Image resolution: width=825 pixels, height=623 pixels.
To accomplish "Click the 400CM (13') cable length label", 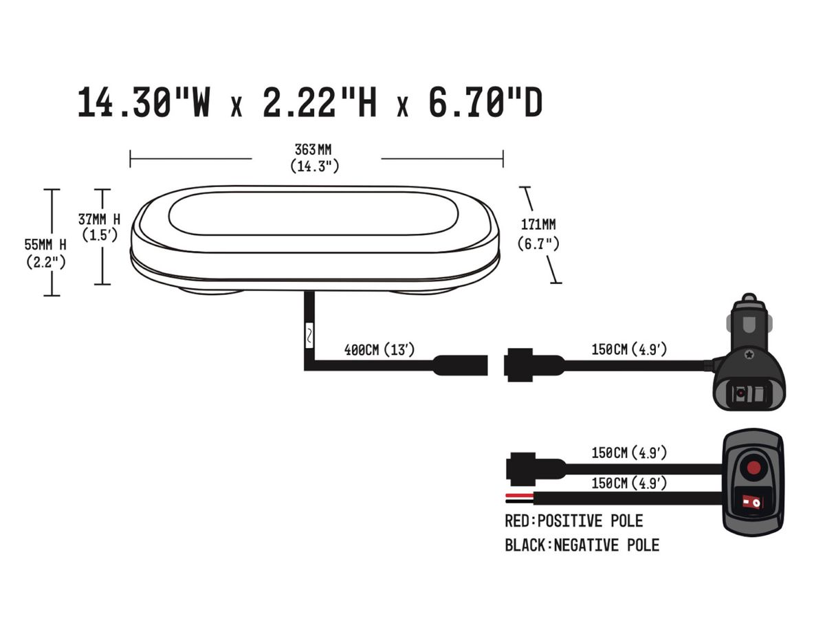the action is coord(379,350).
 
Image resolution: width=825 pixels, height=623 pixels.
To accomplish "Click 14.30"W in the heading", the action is coord(144,102).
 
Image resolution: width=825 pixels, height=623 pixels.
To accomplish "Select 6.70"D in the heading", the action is coord(485,102).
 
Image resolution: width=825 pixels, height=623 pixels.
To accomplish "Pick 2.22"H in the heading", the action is coord(320,102).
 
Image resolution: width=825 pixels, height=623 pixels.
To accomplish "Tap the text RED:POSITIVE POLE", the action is coord(573,521).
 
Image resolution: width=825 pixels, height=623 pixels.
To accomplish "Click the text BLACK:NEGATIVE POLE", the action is coord(582,545).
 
